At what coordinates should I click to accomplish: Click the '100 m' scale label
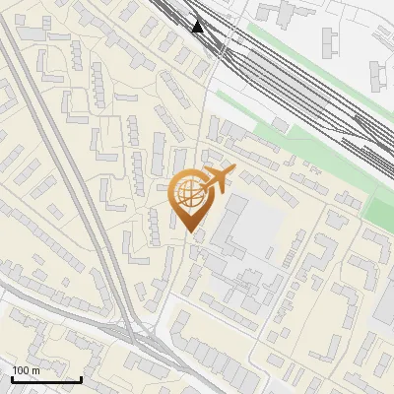pos(26,369)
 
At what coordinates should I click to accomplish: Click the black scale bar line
pos(46,379)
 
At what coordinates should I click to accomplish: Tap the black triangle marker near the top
pos(198,26)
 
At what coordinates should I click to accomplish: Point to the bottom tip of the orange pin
pos(189,231)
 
